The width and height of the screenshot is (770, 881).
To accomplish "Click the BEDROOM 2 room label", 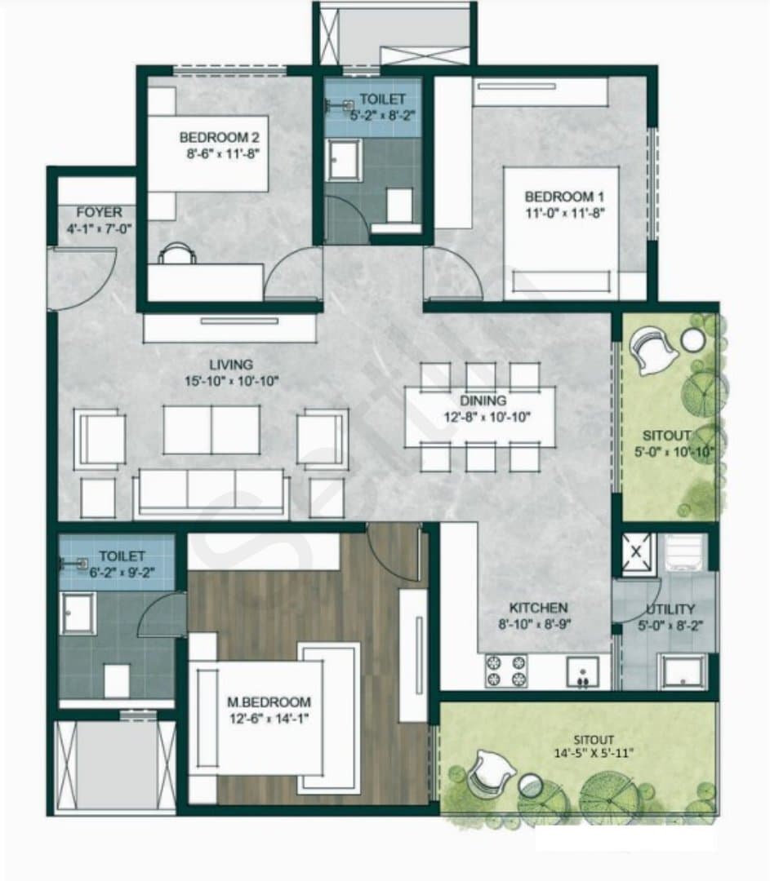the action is (220, 137).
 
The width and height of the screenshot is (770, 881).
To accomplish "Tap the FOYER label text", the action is (99, 212).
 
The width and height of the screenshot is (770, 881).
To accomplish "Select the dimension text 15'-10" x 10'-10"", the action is (232, 381).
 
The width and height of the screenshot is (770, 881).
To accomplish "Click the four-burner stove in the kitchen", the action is (505, 671).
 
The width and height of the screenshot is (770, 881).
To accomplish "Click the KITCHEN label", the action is (538, 608).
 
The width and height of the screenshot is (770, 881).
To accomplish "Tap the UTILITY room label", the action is (670, 609).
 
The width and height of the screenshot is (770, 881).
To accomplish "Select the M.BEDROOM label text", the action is (269, 702).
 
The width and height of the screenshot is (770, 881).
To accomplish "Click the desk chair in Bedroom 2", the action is (177, 253).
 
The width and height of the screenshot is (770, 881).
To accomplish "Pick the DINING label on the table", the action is (483, 401).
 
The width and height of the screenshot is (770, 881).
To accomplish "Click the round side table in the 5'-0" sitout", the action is (692, 339).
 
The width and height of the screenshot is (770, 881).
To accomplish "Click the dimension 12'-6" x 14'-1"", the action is (269, 718).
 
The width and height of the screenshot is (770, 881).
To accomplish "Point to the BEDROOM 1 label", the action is (564, 197).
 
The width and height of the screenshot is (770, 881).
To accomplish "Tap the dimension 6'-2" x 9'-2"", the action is (122, 572).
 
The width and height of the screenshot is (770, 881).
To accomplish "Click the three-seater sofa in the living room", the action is (211, 493).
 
